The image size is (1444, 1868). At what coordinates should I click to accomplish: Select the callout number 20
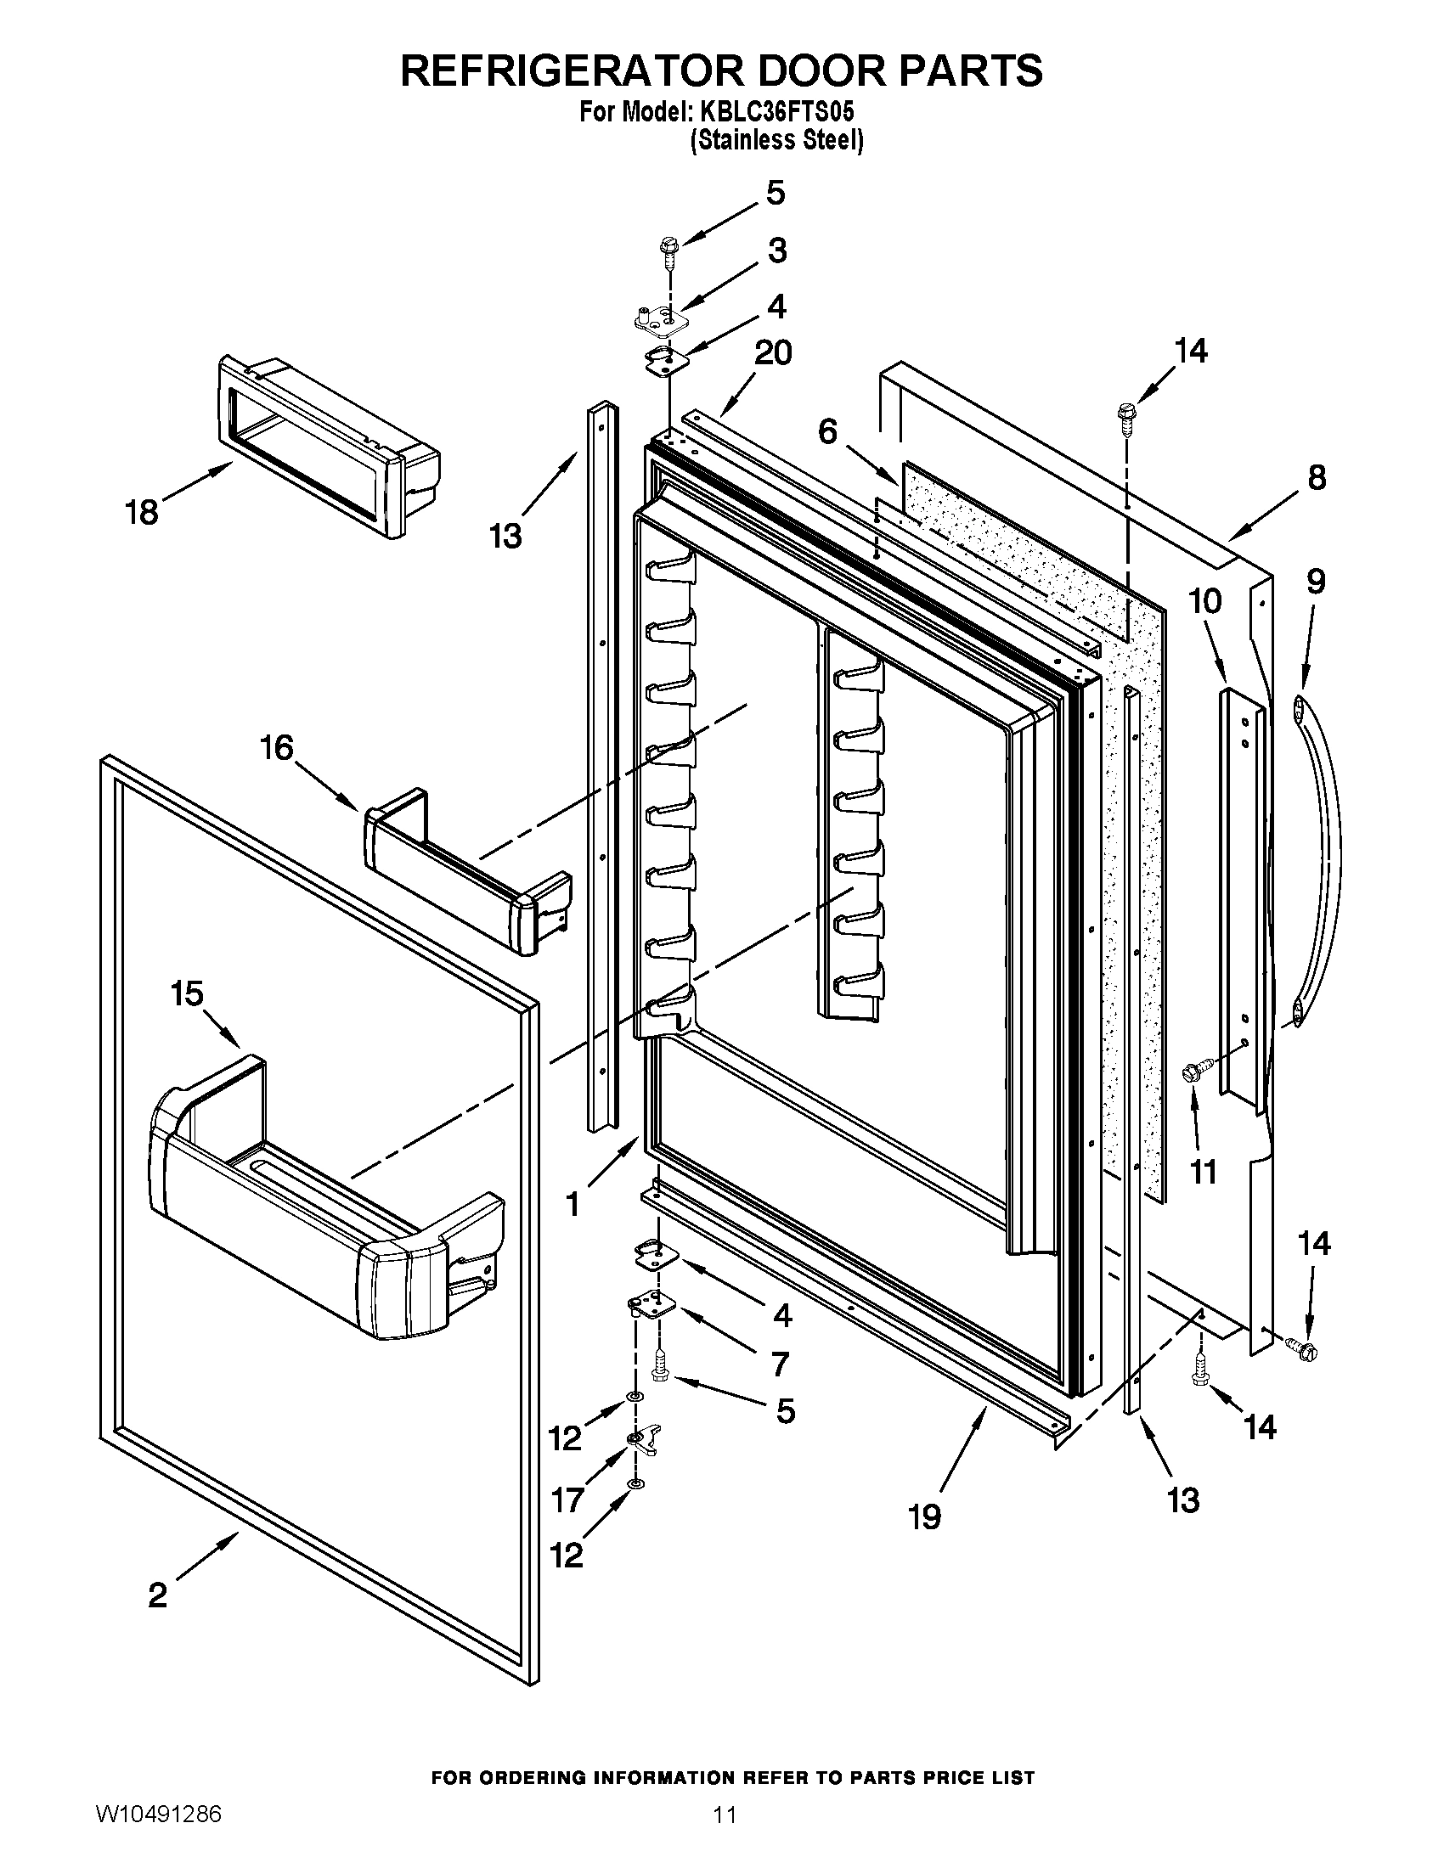pos(772,352)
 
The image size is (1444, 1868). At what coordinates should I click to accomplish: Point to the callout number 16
pos(277,748)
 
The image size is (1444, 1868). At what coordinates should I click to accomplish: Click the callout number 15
pos(187,994)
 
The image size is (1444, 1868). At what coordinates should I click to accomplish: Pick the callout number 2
pos(157,1593)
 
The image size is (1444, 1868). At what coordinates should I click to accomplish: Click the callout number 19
pos(925,1516)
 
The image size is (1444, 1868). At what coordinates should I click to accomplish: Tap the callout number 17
pos(567,1499)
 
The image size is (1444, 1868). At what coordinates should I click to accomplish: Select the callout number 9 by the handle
pos(1316,582)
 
